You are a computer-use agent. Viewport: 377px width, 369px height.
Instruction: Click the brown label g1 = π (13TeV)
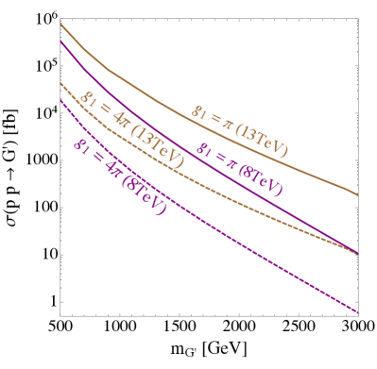(240, 130)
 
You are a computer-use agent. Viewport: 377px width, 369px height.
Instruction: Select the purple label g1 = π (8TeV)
(239, 168)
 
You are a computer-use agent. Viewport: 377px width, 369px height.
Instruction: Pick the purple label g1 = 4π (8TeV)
(120, 176)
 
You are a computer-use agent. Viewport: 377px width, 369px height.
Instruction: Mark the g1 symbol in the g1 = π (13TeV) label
(199, 111)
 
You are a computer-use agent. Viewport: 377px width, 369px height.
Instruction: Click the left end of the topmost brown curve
(61, 25)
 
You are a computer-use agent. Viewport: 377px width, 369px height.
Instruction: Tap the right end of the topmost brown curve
(358, 195)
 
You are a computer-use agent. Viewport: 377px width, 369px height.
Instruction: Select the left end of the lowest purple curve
(61, 99)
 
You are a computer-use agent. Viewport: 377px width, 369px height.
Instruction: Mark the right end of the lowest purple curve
(358, 311)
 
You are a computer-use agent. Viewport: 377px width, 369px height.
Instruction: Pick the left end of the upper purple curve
(61, 41)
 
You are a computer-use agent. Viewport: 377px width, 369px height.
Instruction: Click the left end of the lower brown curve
(61, 83)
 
